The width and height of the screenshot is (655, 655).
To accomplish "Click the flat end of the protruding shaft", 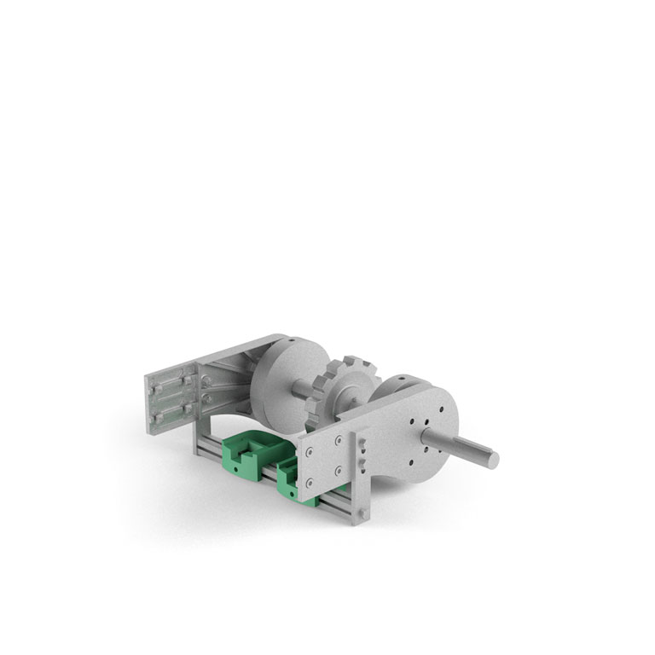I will (493, 459).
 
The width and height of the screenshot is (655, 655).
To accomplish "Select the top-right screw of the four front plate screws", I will (339, 440).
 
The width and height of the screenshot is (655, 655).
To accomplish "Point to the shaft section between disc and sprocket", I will (304, 389).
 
